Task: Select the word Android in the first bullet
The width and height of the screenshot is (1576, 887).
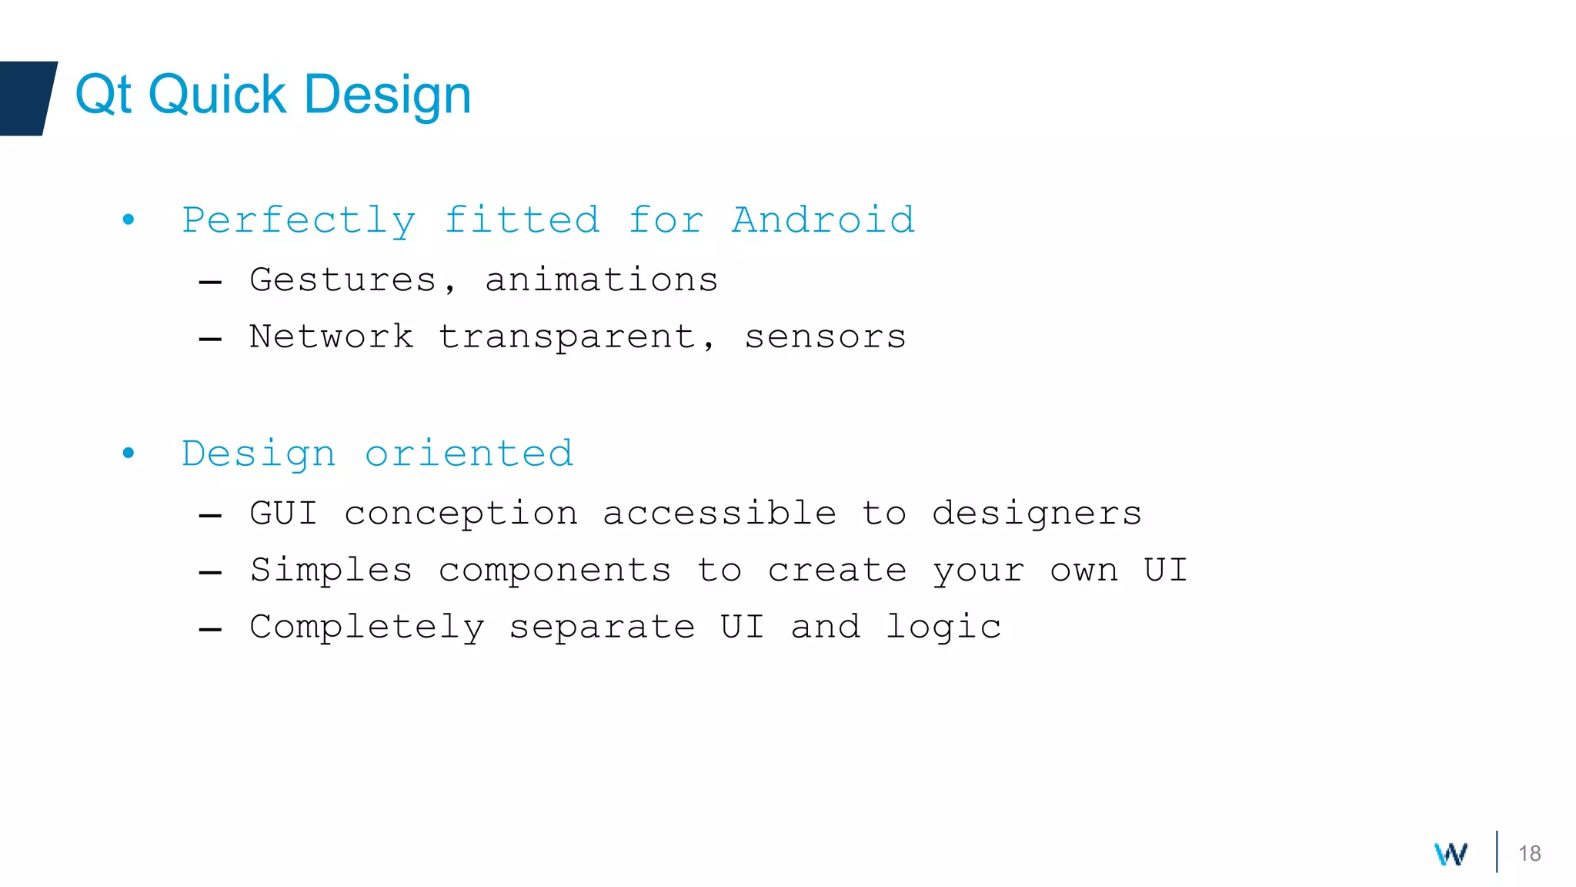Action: click(x=823, y=220)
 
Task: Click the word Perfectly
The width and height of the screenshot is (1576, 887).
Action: click(x=299, y=222)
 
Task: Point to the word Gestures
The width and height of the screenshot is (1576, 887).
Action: click(x=343, y=279)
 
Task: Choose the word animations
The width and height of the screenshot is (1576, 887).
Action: click(x=601, y=279)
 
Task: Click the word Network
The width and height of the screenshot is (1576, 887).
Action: click(x=331, y=336)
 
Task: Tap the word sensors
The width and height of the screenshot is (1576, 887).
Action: click(x=825, y=337)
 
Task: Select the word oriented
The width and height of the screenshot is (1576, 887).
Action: click(x=469, y=454)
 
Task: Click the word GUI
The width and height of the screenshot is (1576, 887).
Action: click(x=283, y=513)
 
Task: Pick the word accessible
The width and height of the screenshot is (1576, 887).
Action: click(x=720, y=513)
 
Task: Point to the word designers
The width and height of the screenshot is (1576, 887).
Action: click(x=1037, y=514)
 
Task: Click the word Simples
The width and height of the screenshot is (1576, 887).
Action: click(x=331, y=571)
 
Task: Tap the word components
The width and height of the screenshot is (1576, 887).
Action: click(x=555, y=571)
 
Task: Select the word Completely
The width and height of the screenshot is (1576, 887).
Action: click(x=367, y=628)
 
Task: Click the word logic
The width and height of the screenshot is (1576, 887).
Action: click(x=943, y=628)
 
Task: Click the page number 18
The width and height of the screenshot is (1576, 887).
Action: click(x=1529, y=853)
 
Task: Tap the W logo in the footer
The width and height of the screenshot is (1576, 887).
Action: click(x=1451, y=854)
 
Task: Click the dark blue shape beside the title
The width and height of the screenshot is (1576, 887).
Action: click(x=26, y=98)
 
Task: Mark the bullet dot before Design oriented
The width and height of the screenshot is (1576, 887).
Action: click(x=129, y=453)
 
